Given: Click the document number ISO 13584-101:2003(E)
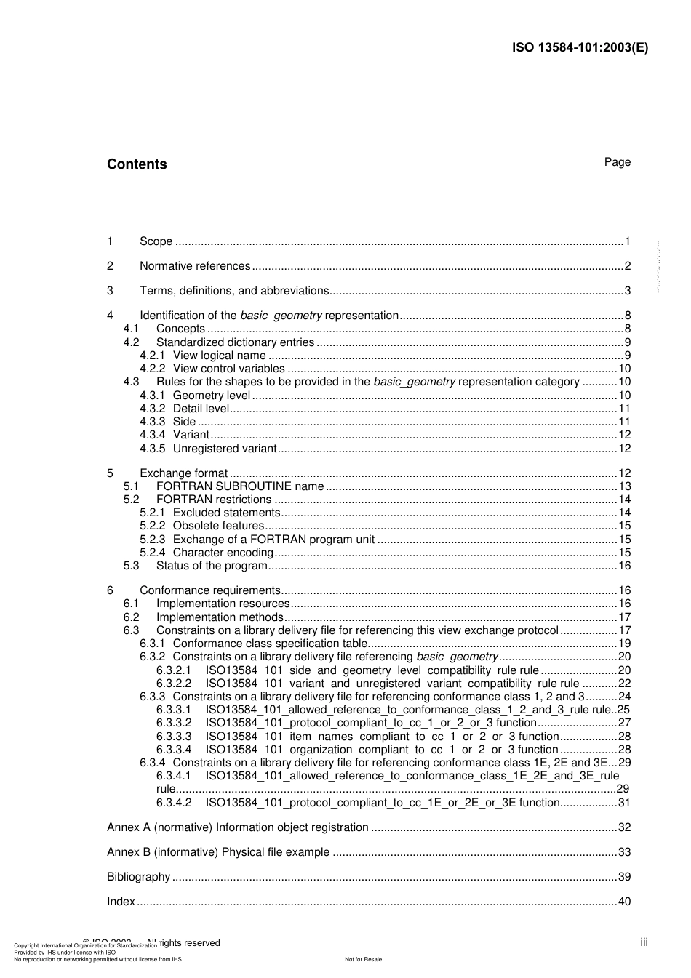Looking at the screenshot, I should click(x=580, y=48).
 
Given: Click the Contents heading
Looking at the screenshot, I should click(x=137, y=164).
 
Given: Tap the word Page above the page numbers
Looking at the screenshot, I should click(x=617, y=162).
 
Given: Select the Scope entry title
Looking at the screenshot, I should click(x=156, y=241).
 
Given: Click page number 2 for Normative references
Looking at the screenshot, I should click(x=627, y=266).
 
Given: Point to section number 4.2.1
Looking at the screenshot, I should click(x=152, y=356).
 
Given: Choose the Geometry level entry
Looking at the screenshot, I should click(x=211, y=396).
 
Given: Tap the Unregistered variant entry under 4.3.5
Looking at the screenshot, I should click(x=224, y=449).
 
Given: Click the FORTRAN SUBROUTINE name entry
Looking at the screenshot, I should click(x=240, y=486).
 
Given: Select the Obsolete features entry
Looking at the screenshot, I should click(x=218, y=526).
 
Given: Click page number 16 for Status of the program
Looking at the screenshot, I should click(x=624, y=566).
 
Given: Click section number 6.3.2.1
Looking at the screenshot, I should click(x=173, y=670).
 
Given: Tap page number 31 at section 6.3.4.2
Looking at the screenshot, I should click(x=624, y=803).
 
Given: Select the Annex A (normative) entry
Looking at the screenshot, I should click(x=237, y=827).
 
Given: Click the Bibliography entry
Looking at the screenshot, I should click(x=138, y=877).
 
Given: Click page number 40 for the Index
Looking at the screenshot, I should click(x=624, y=902).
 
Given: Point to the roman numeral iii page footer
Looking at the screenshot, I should click(x=644, y=943).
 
